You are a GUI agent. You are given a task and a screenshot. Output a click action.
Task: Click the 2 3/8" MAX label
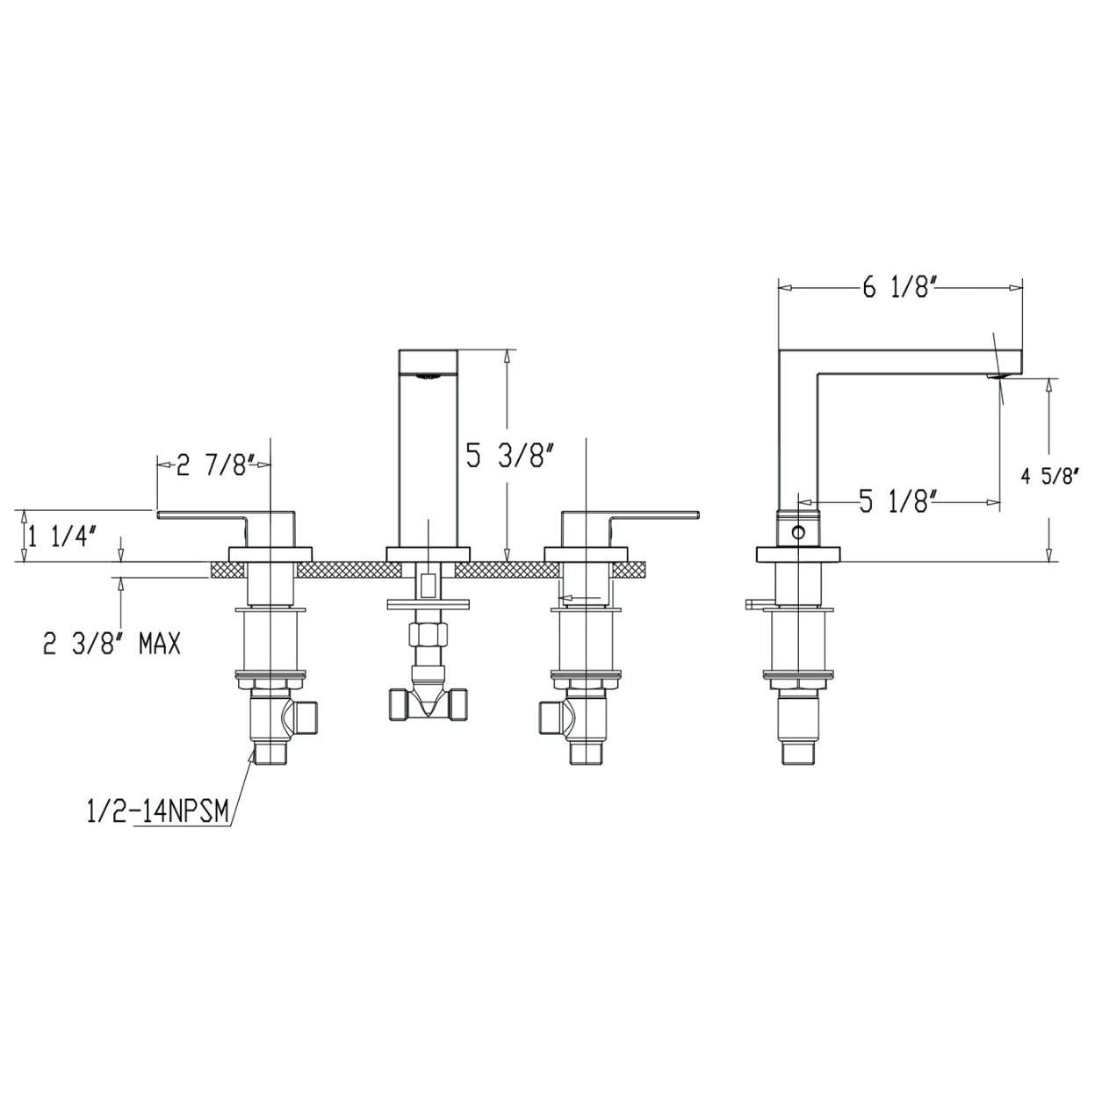(x=112, y=644)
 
